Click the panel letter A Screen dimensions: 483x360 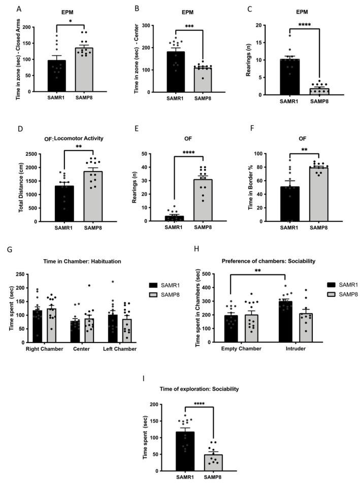(19, 9)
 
